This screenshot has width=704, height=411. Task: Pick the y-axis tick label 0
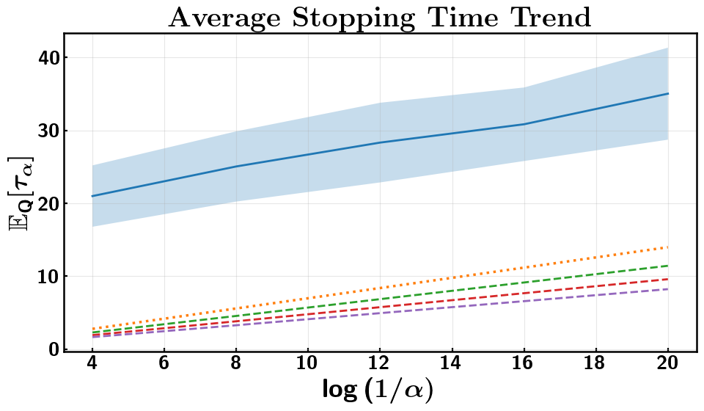[54, 349]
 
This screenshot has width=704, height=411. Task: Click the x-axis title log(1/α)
[378, 390]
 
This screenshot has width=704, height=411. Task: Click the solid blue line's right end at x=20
[667, 93]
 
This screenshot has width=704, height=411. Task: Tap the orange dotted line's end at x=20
[667, 247]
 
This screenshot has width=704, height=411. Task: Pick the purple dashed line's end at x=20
[667, 289]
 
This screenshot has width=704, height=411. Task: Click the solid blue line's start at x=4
[92, 196]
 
